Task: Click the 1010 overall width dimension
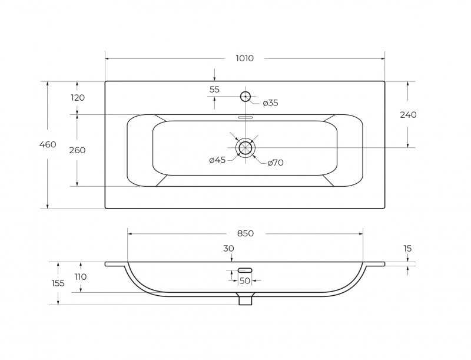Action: point(244,58)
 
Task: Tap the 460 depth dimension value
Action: point(48,144)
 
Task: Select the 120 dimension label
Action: point(78,98)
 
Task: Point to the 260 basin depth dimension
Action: point(78,150)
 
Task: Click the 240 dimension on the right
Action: point(408,115)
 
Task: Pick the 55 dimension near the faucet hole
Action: point(214,90)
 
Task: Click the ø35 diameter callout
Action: point(270,103)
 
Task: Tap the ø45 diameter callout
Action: point(217,160)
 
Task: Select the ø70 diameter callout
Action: point(276,163)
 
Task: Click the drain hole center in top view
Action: point(246,147)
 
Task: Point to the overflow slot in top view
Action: point(246,117)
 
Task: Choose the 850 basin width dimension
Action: point(246,233)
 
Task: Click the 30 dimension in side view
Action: point(228,249)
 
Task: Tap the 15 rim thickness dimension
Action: point(407,249)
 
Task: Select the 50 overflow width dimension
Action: point(245,280)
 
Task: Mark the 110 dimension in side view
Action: point(81,276)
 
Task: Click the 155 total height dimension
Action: point(58,283)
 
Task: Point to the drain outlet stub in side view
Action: point(245,299)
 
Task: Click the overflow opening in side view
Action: point(245,270)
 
